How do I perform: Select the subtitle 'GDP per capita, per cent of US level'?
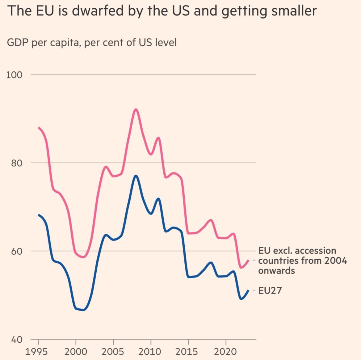[92, 42]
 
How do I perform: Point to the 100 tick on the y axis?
[15, 75]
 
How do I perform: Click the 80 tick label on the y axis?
[17, 163]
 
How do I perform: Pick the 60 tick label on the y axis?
[17, 251]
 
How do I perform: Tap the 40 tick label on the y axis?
[17, 340]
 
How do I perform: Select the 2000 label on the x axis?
[76, 351]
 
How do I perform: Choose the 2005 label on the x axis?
[113, 351]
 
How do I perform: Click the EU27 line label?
[270, 291]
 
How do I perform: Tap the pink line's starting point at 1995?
[39, 128]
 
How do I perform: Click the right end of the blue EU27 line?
[248, 290]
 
